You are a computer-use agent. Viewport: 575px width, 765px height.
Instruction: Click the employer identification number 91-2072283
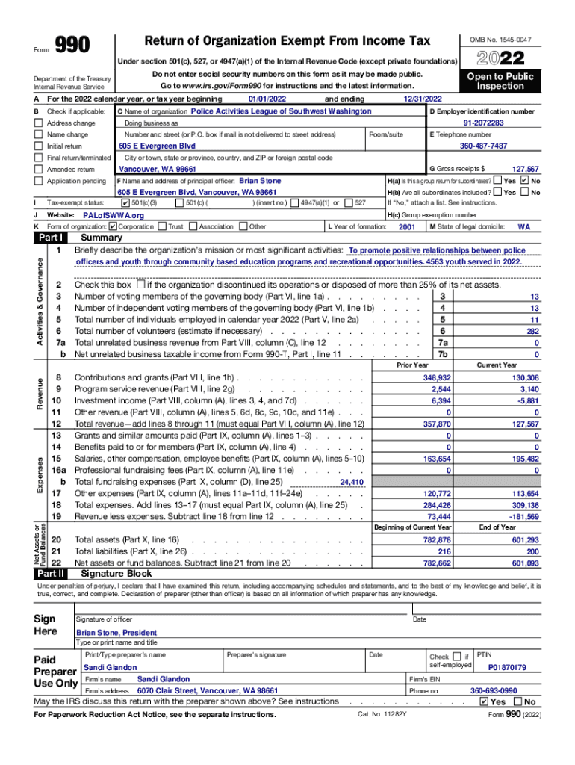click(483, 123)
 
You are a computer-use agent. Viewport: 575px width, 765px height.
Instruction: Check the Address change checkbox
click(39, 123)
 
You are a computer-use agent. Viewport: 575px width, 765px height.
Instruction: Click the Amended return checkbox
click(39, 170)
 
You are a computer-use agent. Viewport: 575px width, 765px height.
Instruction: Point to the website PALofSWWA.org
click(113, 215)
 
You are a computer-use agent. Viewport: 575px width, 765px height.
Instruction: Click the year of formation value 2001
click(407, 226)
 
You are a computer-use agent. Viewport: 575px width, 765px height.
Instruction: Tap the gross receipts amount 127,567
click(523, 170)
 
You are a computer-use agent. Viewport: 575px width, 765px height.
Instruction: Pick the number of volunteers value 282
click(532, 331)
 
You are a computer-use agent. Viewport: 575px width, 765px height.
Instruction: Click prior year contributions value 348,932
click(436, 378)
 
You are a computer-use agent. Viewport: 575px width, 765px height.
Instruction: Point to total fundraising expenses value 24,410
click(352, 483)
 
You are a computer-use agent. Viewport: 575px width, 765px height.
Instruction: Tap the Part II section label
click(50, 574)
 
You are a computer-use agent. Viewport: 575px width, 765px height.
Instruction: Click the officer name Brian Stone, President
click(117, 632)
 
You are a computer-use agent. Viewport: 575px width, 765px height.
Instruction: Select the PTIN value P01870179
click(507, 667)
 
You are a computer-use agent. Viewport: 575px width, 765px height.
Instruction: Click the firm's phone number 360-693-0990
click(493, 691)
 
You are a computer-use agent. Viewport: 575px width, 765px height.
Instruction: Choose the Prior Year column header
click(412, 365)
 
